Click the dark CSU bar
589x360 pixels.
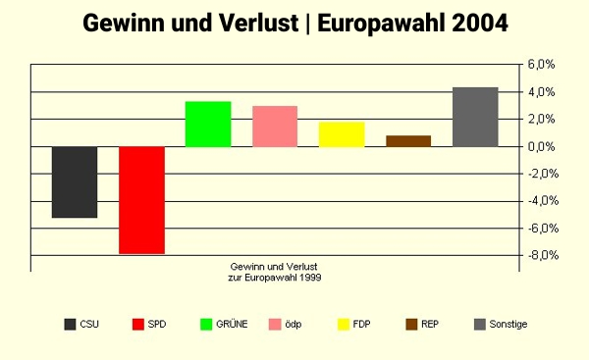pyautogui.click(x=75, y=181)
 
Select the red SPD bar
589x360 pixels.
pyautogui.click(x=141, y=200)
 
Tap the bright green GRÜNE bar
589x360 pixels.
pyautogui.click(x=208, y=124)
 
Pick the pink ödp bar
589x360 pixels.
pyautogui.click(x=275, y=126)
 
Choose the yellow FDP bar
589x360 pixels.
pyautogui.click(x=342, y=133)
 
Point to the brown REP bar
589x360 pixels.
pyautogui.click(x=408, y=140)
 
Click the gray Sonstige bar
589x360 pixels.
pyautogui.click(x=475, y=117)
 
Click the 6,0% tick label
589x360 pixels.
pyautogui.click(x=542, y=65)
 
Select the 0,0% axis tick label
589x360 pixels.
pyautogui.click(x=542, y=146)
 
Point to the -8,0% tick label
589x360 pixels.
pyautogui.click(x=541, y=256)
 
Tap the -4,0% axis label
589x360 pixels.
pyautogui.click(x=541, y=201)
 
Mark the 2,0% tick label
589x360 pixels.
pyautogui.click(x=542, y=120)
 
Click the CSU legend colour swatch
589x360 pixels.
pyautogui.click(x=70, y=324)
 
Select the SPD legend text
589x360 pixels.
pyautogui.click(x=157, y=324)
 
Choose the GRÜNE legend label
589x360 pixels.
pyautogui.click(x=232, y=324)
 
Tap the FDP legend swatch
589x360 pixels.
pyautogui.click(x=344, y=324)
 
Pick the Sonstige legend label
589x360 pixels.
pyautogui.click(x=508, y=324)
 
